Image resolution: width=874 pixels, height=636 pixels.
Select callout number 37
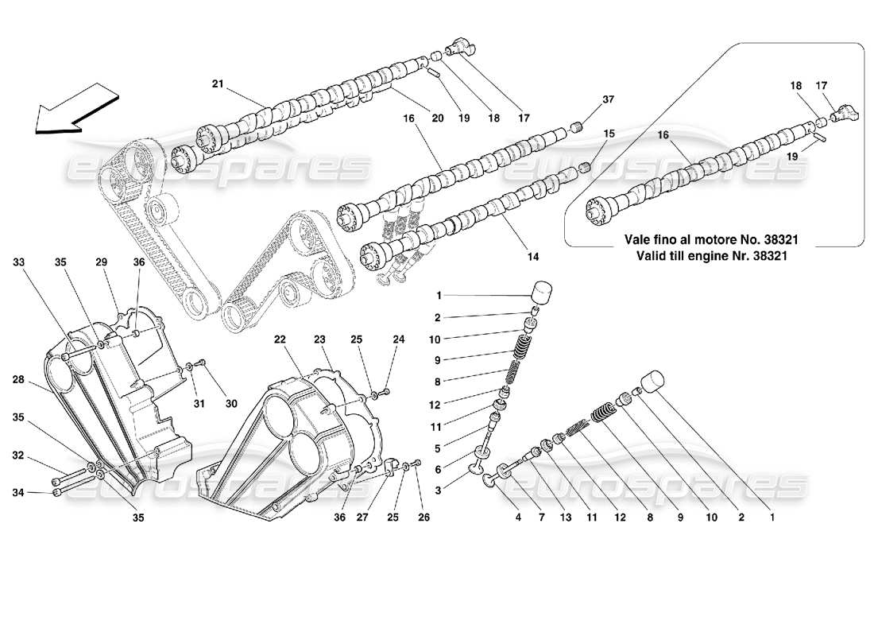(608, 99)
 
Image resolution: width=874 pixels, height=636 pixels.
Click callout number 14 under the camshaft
(532, 256)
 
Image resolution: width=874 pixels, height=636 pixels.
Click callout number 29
(101, 262)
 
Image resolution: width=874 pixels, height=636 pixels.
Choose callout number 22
(280, 339)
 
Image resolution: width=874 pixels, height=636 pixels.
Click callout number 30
(231, 403)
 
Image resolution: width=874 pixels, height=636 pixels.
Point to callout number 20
(437, 118)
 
